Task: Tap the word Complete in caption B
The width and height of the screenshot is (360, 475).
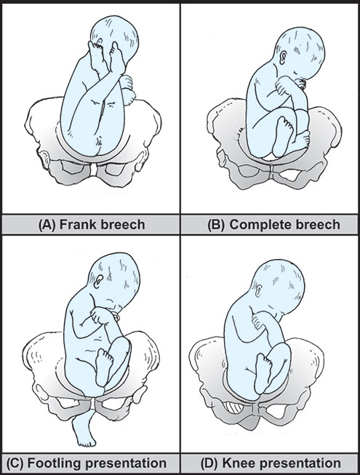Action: (258, 225)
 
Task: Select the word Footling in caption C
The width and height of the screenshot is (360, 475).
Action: (52, 463)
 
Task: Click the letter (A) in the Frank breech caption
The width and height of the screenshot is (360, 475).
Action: (47, 225)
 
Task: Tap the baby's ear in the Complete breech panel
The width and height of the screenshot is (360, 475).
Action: (283, 57)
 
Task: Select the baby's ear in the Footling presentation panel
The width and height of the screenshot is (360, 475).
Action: (99, 282)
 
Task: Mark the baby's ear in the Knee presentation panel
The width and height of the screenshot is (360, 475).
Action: (259, 291)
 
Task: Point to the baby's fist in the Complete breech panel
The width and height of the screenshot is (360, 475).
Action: (284, 85)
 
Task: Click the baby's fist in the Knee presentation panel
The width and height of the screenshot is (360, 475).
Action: (259, 322)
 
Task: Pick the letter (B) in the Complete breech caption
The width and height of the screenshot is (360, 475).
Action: (217, 225)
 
